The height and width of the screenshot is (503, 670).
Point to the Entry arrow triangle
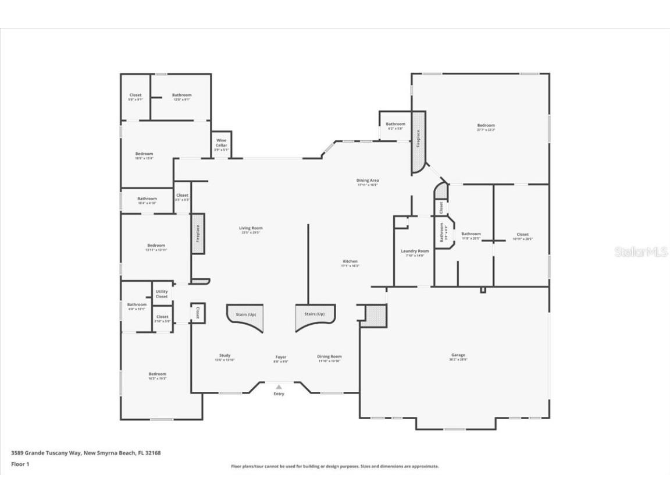279,387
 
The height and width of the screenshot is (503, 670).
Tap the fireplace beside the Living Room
198,233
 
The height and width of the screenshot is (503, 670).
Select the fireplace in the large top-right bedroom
418,143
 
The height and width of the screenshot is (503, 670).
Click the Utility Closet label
162,294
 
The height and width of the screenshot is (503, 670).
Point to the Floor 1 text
20,464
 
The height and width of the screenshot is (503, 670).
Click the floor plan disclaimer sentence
334,466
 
